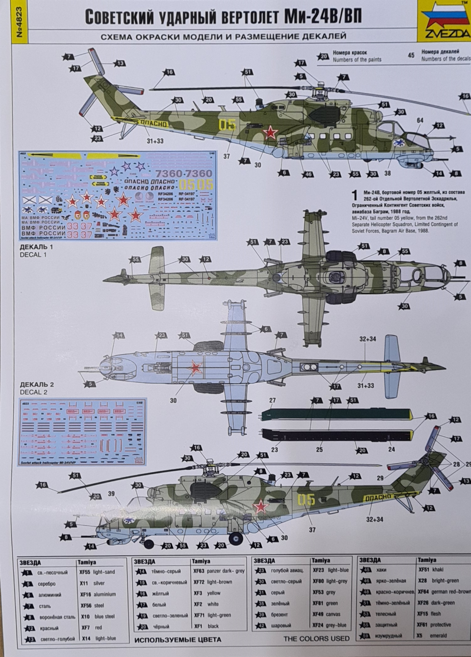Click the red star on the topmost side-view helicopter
coord(271,132)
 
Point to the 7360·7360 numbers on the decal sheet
coord(184,173)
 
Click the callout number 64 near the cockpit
coord(420,120)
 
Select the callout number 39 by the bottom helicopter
coord(111,494)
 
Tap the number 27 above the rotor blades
coord(272,401)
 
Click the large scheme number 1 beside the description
coord(355,195)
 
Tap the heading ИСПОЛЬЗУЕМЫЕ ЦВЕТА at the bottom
coord(178,639)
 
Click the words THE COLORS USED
coord(317,639)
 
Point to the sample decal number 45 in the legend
coord(411,55)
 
